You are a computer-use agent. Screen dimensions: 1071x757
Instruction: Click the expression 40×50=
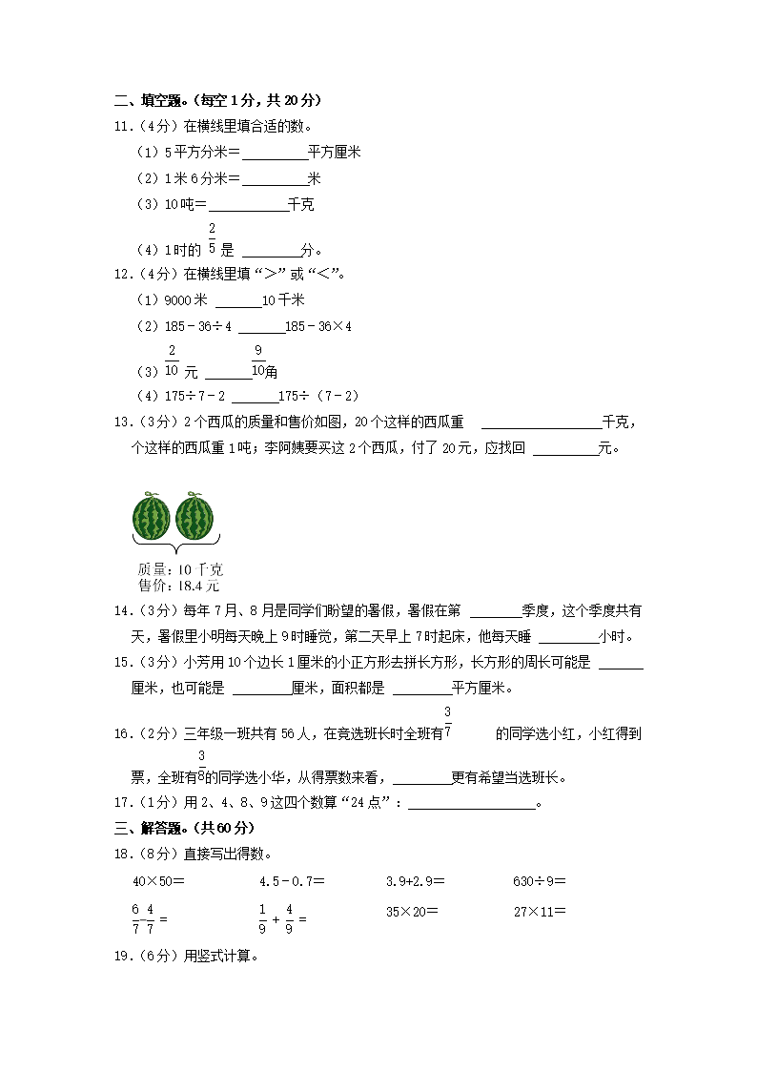158,882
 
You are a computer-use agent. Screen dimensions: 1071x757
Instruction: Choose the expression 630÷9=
539,882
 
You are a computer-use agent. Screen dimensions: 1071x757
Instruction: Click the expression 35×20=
412,911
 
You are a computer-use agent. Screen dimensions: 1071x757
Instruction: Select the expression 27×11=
539,911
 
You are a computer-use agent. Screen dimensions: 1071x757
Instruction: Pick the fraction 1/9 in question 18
262,917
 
